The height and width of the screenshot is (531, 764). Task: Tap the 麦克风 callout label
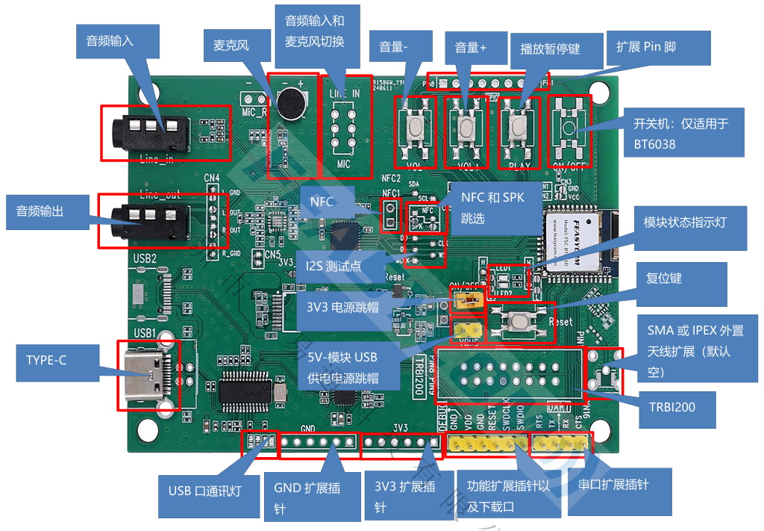coord(231,46)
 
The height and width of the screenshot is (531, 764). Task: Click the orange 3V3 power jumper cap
coord(466,301)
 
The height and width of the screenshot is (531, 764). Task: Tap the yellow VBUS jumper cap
coord(466,329)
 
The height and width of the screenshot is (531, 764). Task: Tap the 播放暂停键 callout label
coord(550,49)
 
